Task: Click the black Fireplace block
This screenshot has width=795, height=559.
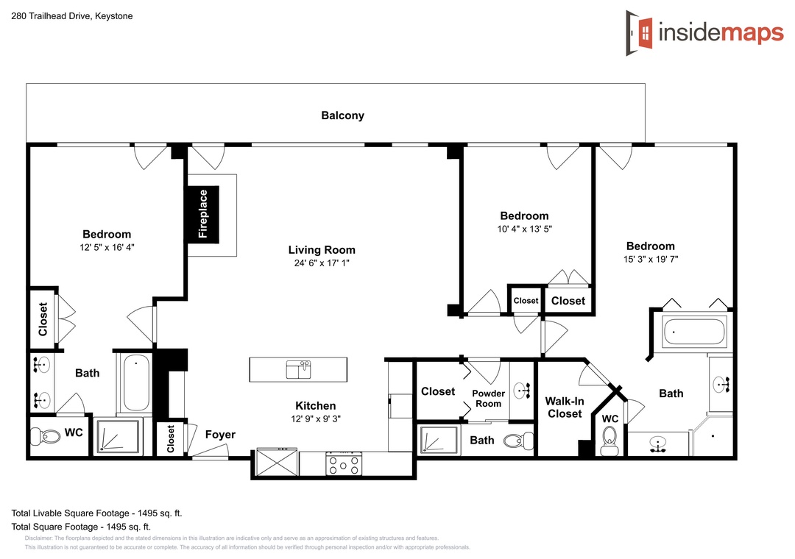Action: coord(203,214)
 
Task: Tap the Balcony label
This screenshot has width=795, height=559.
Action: coord(343,115)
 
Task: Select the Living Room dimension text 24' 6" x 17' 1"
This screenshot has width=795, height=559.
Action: coord(322,263)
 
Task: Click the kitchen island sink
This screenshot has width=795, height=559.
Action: coord(298,369)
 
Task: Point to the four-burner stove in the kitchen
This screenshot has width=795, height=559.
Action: coord(344,463)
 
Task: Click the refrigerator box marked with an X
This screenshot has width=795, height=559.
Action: coord(276,462)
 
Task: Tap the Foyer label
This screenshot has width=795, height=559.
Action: coord(220,435)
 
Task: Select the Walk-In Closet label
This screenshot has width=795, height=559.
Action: coord(565,407)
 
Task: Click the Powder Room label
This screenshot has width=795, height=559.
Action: coord(488,399)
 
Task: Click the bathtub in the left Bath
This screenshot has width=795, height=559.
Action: coord(136,382)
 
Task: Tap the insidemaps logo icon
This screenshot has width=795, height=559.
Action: coord(640,33)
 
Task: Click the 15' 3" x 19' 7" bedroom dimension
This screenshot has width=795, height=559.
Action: coord(651,260)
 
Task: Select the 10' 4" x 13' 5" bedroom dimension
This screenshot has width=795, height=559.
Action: coord(524,229)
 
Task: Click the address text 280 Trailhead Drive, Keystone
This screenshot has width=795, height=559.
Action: coord(72,16)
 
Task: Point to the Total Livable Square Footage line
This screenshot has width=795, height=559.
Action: coord(97,513)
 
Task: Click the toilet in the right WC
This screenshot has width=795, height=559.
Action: coord(609,441)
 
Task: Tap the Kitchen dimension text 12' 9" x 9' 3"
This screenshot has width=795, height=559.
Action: coord(316,419)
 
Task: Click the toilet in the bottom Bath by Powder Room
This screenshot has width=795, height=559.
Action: coord(518,440)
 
